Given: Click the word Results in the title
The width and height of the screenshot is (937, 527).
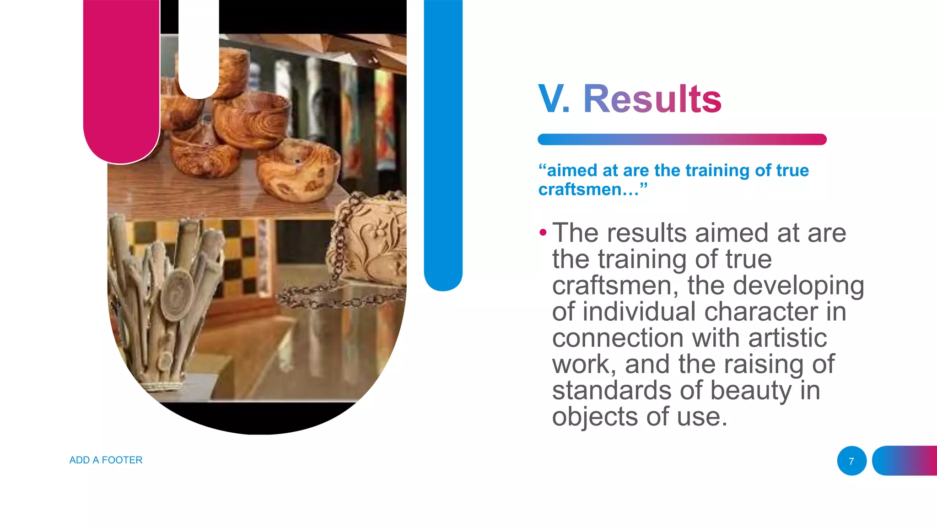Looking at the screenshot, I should coord(652,99).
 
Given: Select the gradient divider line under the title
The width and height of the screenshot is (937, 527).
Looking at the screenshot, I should coord(682,140).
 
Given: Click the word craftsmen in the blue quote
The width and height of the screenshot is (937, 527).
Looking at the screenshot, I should coord(580,189).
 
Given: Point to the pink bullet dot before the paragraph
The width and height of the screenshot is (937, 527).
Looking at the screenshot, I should coord(543,233).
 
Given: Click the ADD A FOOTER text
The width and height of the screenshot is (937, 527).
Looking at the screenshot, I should coord(106,460).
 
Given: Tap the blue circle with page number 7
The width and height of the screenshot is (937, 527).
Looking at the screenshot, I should coord(851,461).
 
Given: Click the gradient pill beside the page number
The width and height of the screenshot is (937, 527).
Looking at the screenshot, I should coord(905,461).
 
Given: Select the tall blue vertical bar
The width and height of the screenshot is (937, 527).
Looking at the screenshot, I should coord(443,142).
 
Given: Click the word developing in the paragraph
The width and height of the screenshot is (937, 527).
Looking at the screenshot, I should coord(798,285).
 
